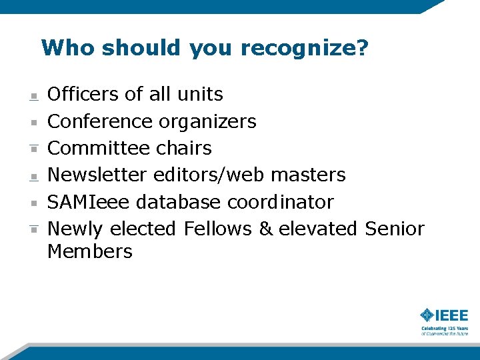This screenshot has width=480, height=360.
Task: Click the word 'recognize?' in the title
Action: (x=304, y=48)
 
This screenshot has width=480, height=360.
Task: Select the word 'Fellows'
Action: (x=218, y=229)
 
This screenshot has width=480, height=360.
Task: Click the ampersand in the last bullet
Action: (x=266, y=229)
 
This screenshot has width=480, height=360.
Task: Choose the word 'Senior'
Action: (x=395, y=229)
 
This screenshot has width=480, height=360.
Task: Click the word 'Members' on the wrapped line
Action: (x=90, y=251)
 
